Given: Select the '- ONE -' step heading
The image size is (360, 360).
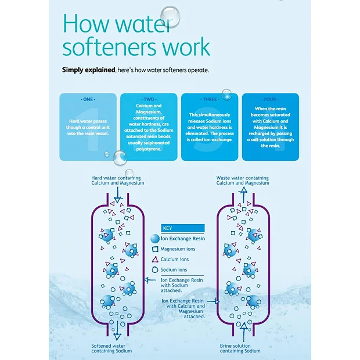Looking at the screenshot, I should (88, 99).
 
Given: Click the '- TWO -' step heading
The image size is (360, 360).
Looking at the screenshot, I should (149, 99).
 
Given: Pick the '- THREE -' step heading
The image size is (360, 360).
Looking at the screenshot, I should (210, 99).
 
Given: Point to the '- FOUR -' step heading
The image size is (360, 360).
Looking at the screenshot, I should (270, 99).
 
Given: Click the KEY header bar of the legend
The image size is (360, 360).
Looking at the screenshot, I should (183, 228).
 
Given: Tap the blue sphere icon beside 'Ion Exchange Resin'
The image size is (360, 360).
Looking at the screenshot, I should (154, 239).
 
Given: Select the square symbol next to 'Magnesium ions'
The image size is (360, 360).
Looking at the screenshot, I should (154, 249).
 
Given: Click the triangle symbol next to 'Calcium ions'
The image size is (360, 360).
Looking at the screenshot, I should (154, 260).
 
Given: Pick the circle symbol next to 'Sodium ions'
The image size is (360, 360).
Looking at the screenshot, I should (154, 270).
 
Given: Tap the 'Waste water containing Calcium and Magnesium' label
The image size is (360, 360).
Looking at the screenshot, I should (243, 181).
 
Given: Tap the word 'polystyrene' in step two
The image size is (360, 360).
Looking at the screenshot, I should (149, 149).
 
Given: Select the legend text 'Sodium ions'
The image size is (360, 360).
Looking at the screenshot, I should (174, 270).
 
